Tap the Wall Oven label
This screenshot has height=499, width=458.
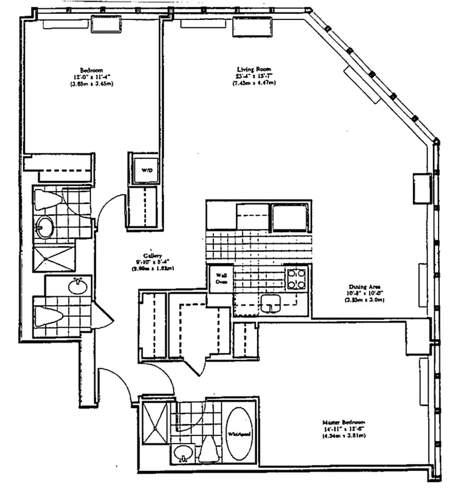221,278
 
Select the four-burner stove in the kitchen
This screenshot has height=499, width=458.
296,278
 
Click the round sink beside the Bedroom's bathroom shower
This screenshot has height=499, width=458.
44,227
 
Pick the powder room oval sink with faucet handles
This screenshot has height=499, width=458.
77,287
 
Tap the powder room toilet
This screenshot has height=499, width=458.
51,316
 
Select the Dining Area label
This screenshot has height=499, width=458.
361,288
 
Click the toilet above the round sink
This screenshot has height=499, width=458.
49,200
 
